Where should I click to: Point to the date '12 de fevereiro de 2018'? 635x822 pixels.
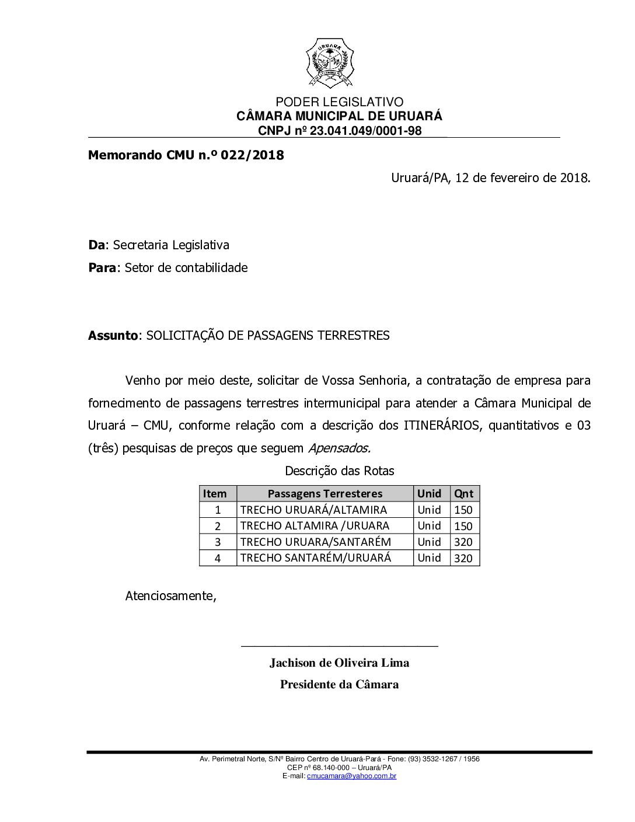[521, 177]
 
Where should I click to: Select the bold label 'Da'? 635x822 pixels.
[97, 245]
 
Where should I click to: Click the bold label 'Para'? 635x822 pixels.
[102, 268]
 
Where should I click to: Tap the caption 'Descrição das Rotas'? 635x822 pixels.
[340, 471]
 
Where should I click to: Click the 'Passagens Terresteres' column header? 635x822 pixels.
[325, 493]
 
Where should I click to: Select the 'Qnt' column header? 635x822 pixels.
[464, 493]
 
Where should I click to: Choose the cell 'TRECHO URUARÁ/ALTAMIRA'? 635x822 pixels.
[313, 510]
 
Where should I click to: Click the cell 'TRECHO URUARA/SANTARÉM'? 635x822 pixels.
[316, 542]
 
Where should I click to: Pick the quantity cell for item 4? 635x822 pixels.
[463, 558]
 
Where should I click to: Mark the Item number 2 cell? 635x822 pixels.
[218, 526]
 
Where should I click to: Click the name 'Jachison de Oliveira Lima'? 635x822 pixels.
[339, 663]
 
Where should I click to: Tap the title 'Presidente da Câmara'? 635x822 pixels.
[339, 684]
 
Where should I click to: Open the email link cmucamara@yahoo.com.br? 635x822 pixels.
[352, 776]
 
